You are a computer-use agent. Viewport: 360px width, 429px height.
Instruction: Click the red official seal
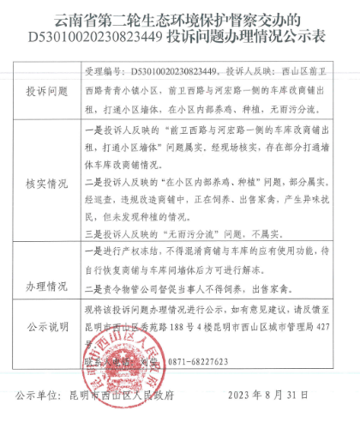[123, 360]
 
